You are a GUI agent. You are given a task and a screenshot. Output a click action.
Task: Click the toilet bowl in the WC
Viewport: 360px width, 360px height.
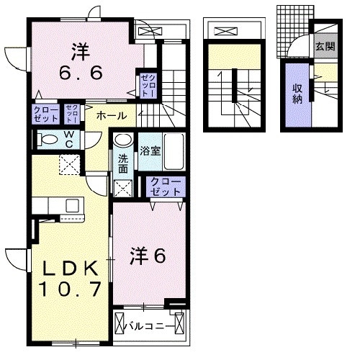tap(49, 139)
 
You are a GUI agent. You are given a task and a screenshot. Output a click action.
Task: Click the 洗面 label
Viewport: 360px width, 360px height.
tap(122, 164)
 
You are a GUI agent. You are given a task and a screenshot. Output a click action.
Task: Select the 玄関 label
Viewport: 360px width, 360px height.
tap(324, 47)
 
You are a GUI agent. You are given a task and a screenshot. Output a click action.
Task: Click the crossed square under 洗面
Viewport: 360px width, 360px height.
tap(123, 189)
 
